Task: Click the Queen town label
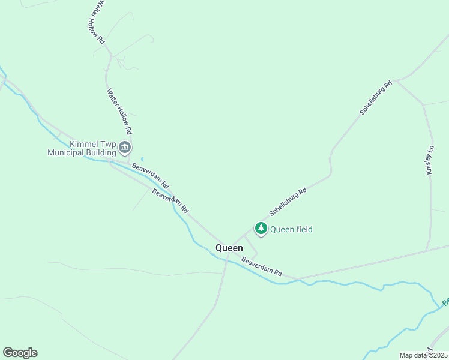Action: click(229, 248)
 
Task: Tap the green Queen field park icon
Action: click(261, 229)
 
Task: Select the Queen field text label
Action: click(291, 229)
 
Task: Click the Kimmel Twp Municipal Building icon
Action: click(125, 147)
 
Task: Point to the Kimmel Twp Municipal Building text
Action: click(82, 148)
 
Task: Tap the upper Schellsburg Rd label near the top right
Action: click(376, 97)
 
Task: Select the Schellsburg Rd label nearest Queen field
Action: click(288, 201)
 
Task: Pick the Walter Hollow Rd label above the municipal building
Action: click(119, 111)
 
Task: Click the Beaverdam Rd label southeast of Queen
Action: click(262, 266)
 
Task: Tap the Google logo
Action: click(20, 353)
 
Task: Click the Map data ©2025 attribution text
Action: click(423, 355)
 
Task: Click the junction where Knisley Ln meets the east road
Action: click(427, 250)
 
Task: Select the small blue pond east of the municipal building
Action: click(142, 159)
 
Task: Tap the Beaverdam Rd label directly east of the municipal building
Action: click(151, 175)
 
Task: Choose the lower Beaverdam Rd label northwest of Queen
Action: click(170, 202)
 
